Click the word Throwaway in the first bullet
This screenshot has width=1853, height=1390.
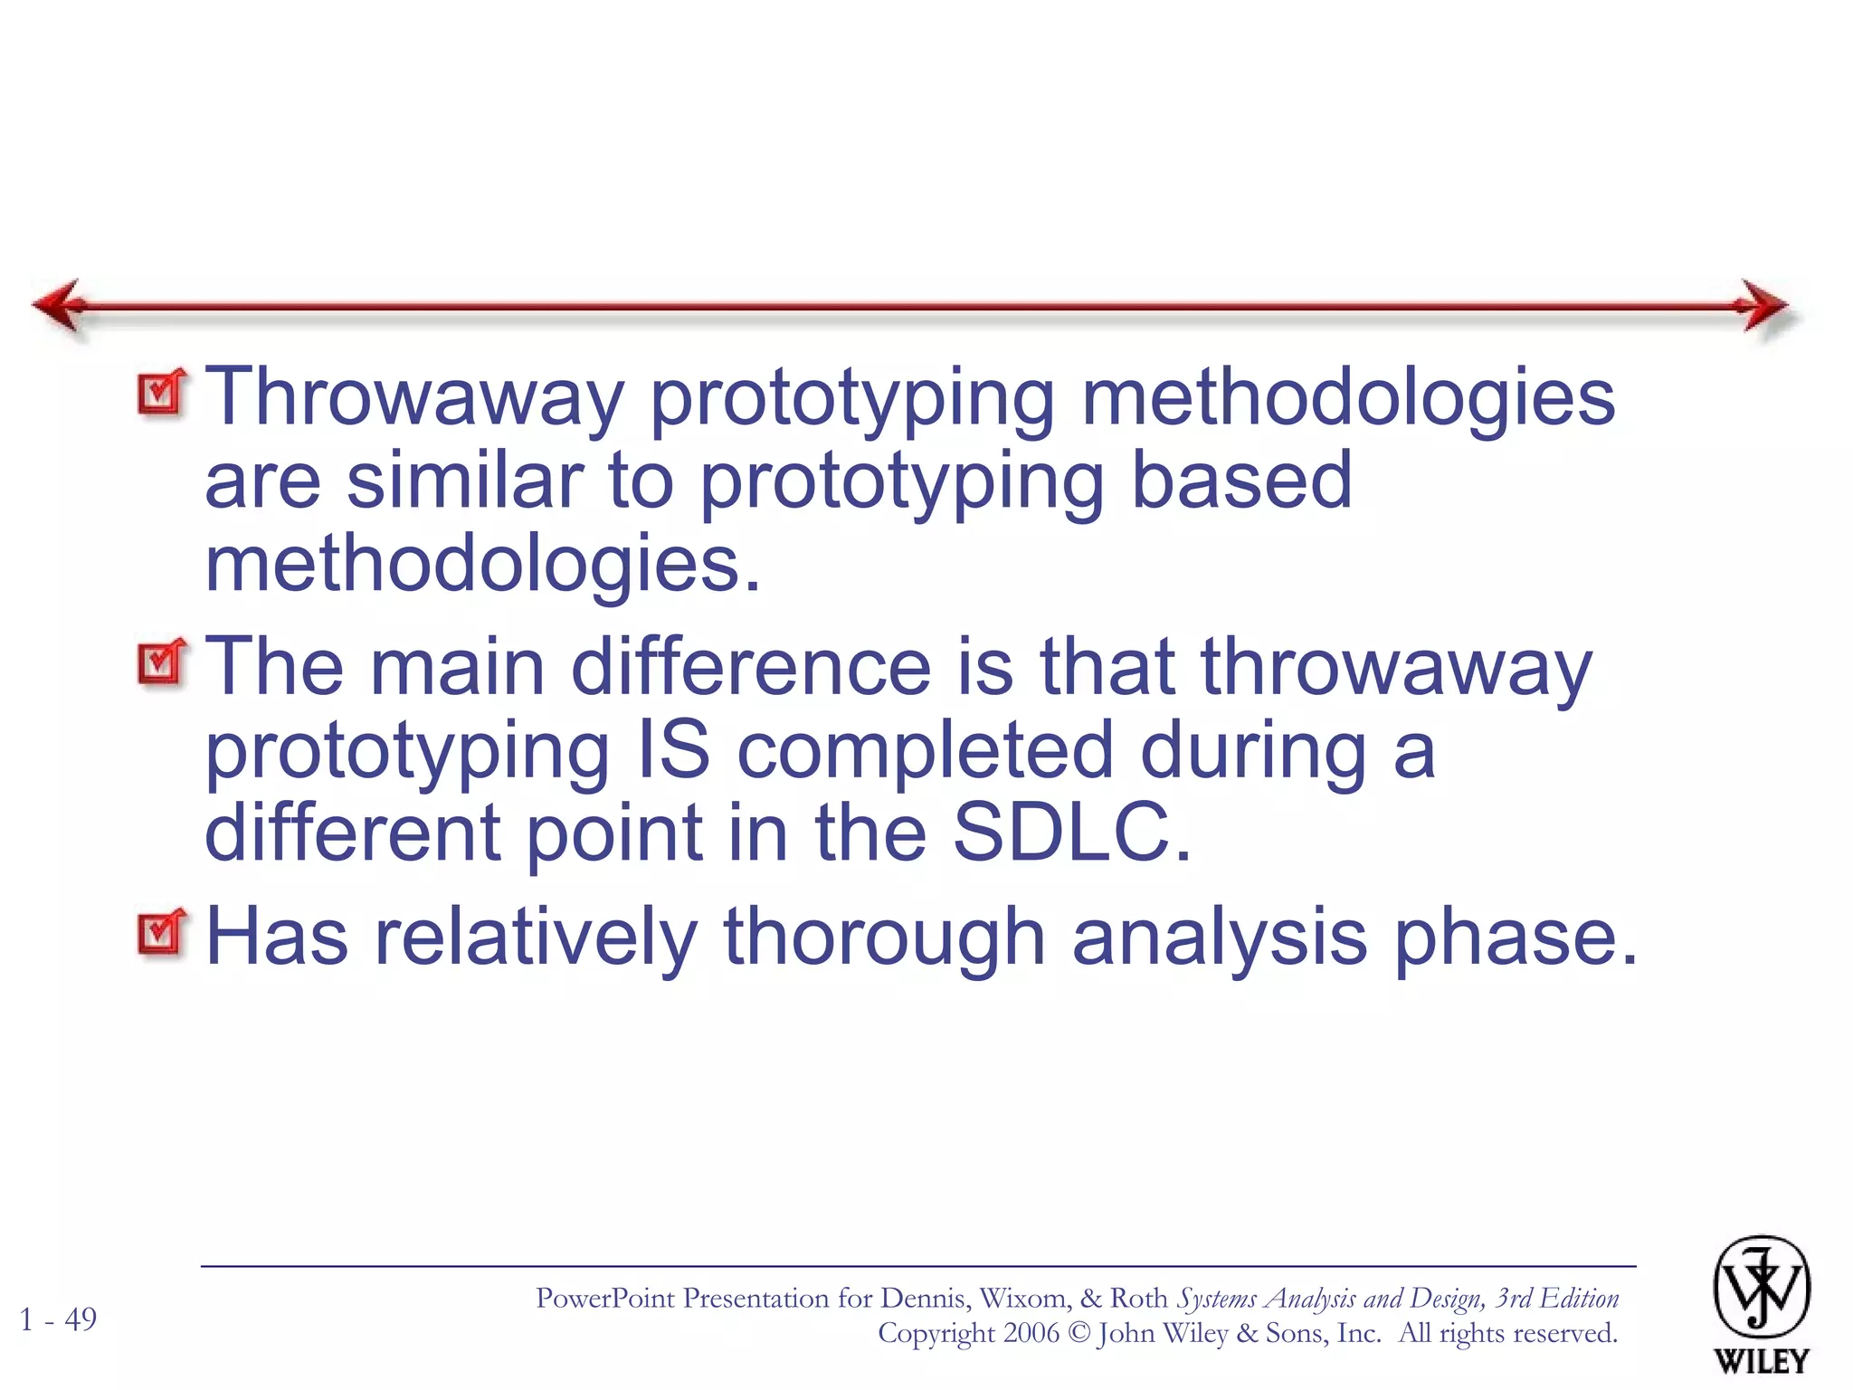[x=415, y=398]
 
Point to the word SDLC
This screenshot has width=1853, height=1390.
[x=1071, y=833]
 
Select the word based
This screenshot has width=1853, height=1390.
[x=1241, y=481]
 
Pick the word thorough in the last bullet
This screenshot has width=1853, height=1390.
[x=884, y=937]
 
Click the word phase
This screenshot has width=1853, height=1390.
[x=1516, y=937]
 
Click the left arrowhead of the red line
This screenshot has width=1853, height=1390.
[x=60, y=306]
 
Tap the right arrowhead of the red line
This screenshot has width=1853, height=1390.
[x=1764, y=306]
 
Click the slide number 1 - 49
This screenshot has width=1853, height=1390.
[x=58, y=1319]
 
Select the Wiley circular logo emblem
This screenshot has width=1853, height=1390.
[x=1761, y=1287]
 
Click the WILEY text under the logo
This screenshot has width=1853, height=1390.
[x=1761, y=1360]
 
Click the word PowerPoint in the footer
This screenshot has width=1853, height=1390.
[x=618, y=1299]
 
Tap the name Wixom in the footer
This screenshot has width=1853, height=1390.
[x=1023, y=1299]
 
